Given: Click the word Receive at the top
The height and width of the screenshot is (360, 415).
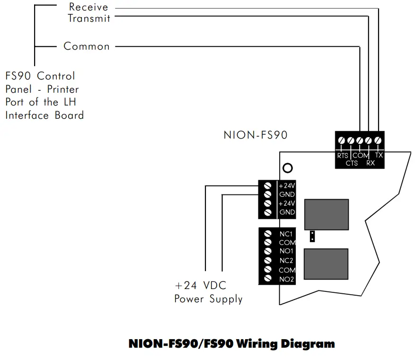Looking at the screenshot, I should coord(88,7).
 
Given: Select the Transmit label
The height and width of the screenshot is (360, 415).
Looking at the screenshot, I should coord(89,18).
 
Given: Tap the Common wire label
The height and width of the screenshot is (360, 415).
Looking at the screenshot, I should coord(87,46).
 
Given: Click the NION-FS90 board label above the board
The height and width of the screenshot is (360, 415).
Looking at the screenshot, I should coord(256,135).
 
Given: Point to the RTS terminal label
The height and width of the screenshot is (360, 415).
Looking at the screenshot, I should coord(343,156).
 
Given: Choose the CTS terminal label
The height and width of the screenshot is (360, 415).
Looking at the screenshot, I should coord(352,163).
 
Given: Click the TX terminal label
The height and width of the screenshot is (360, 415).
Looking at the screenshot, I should coord(379,155).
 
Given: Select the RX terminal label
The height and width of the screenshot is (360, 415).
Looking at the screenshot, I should coord(371,163).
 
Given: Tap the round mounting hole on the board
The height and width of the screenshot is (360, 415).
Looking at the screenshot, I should coord(287,167).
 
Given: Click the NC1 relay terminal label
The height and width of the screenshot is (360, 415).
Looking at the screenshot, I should coord(287,234).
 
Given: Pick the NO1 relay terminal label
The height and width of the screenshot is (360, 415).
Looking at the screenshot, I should coord(287,252).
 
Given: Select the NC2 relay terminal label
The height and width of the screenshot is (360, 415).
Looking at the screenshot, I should coord(287,261).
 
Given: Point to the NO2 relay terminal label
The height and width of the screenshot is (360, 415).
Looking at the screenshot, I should coord(287,279).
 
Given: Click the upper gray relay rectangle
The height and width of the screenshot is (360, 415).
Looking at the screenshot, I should coord(327,214).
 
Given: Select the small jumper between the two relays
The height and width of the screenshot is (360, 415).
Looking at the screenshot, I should coord(312,237).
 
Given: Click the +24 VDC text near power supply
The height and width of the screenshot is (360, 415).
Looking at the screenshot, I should coord(201,286).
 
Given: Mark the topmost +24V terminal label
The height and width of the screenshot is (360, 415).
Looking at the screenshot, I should coord(287,185).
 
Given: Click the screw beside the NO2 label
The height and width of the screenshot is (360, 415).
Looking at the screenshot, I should coord(268,279).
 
